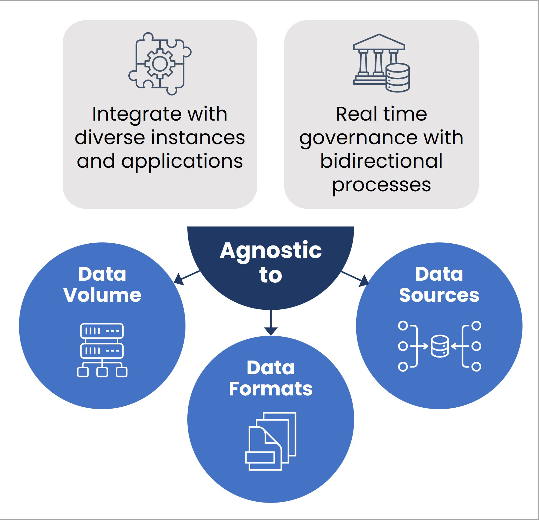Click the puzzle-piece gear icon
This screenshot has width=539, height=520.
point(160,64)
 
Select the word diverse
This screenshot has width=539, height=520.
point(109,137)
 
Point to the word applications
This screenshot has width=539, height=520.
point(182,161)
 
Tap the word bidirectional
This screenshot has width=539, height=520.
point(381,161)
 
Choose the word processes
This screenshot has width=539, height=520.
point(381,185)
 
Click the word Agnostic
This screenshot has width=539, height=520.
point(271,251)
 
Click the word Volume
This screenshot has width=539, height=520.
point(102,295)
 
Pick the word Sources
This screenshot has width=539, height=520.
point(439,295)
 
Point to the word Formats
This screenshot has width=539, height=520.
point(271,389)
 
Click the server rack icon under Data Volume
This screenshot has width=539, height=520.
point(102,350)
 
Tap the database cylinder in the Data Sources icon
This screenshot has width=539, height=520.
point(440,346)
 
